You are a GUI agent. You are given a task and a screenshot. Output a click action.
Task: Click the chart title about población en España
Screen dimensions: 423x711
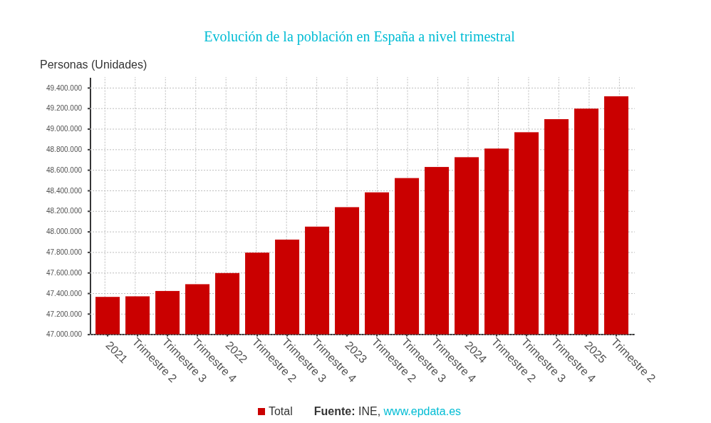tap(359, 36)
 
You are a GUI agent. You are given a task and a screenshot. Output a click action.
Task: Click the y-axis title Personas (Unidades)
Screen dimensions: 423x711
tap(93, 65)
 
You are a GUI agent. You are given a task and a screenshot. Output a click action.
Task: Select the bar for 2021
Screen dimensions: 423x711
tap(108, 315)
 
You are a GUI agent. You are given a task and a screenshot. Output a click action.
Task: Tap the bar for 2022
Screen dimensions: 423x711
tap(227, 303)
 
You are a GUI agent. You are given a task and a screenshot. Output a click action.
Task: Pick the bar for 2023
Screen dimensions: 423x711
tap(347, 270)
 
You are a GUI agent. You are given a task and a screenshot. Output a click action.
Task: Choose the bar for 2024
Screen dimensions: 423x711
tap(467, 245)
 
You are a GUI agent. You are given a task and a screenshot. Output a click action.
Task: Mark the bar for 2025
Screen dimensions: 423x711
tap(586, 221)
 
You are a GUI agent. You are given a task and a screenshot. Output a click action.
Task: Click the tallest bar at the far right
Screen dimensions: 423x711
tap(616, 215)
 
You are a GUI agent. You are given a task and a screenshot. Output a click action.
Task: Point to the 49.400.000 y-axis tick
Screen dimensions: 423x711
tap(64, 88)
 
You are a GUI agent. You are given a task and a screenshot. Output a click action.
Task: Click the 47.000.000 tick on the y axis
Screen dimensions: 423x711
tap(64, 335)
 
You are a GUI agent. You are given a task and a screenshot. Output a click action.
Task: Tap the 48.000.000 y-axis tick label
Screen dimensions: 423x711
tap(64, 232)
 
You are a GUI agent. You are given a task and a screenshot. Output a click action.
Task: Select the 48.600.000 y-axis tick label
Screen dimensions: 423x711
tap(64, 170)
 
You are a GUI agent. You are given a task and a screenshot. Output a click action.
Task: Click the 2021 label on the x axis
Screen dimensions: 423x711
tap(115, 352)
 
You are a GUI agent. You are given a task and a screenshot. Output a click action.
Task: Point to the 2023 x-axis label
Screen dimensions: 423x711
tap(355, 352)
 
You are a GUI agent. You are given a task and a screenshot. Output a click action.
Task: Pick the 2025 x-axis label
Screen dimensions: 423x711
tap(594, 352)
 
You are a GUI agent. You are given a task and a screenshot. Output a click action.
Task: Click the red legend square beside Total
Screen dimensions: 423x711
tap(261, 412)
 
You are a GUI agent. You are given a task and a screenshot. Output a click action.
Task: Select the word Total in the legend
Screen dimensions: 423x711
tap(280, 412)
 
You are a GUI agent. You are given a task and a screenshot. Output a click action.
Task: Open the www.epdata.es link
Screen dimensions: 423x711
tap(422, 412)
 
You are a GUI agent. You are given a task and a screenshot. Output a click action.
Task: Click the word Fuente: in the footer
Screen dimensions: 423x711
tap(334, 412)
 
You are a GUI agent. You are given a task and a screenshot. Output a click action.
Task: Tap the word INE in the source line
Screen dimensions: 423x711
tap(368, 412)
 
